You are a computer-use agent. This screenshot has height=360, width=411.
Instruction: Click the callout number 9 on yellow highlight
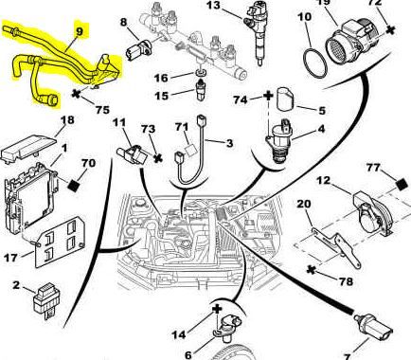(79, 31)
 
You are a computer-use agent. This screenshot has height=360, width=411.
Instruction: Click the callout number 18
(66, 120)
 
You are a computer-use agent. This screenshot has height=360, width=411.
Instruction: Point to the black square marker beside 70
(74, 185)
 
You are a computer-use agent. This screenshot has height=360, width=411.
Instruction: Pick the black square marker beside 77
(402, 185)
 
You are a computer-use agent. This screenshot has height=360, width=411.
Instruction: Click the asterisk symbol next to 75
(76, 94)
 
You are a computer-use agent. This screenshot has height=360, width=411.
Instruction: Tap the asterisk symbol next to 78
(312, 270)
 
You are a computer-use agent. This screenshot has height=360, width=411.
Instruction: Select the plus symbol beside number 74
(268, 96)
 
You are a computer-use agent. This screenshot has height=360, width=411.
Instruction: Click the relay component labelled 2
(44, 300)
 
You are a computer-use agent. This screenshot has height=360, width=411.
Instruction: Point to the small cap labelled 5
(285, 99)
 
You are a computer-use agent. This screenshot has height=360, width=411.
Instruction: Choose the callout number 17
(10, 258)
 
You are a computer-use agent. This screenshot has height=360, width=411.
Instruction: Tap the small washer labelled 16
(201, 73)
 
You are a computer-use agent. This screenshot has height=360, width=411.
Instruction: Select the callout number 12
(323, 181)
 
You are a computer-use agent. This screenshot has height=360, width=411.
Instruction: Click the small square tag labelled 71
(191, 150)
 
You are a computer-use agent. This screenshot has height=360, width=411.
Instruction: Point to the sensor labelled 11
(132, 153)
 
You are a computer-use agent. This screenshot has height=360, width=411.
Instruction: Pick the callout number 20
(304, 204)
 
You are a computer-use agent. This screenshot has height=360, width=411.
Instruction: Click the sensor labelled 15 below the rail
(201, 90)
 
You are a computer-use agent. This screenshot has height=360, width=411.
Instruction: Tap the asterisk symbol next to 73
(157, 158)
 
